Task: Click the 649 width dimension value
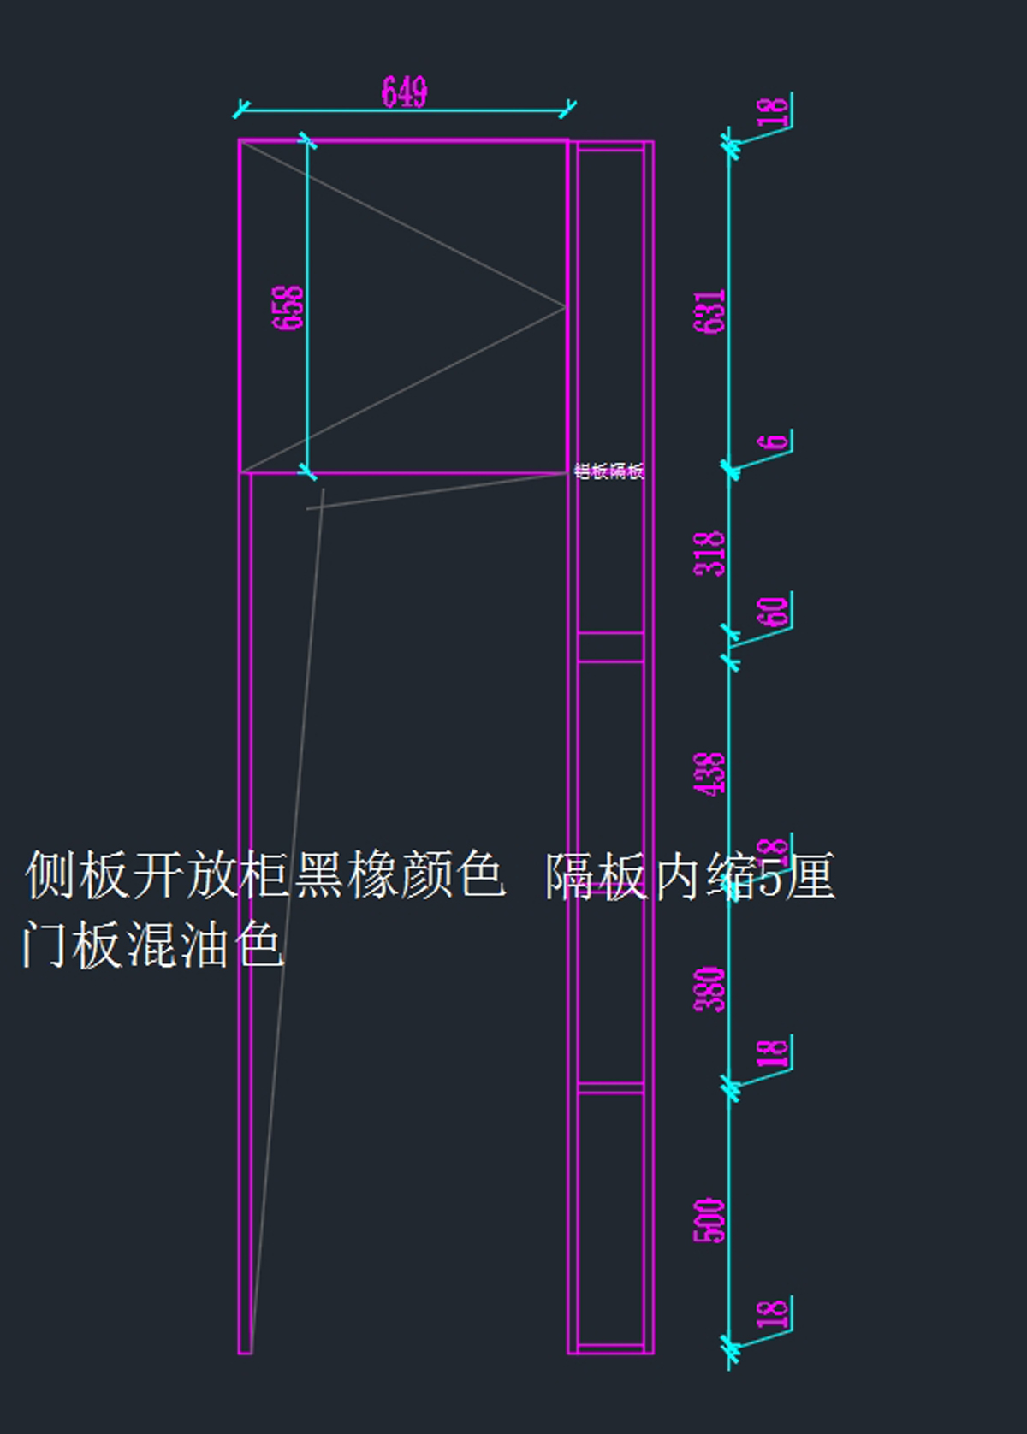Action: pyautogui.click(x=404, y=92)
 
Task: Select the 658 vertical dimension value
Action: pyautogui.click(x=288, y=307)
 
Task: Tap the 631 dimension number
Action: pyautogui.click(x=709, y=311)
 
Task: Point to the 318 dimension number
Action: pyautogui.click(x=709, y=553)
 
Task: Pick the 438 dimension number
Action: pyautogui.click(x=709, y=773)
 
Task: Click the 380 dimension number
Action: pyautogui.click(x=709, y=990)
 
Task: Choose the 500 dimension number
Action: pyautogui.click(x=709, y=1220)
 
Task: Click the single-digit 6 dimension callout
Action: pyautogui.click(x=775, y=441)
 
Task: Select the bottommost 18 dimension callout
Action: pyautogui.click(x=773, y=1313)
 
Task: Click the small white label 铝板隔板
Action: pyautogui.click(x=608, y=471)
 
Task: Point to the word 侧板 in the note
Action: pyautogui.click(x=77, y=874)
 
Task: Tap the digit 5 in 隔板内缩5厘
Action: pyautogui.click(x=770, y=877)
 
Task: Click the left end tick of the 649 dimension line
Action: pyautogui.click(x=240, y=110)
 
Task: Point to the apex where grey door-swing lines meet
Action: pyautogui.click(x=565, y=306)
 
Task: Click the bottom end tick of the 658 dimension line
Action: pyautogui.click(x=307, y=471)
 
